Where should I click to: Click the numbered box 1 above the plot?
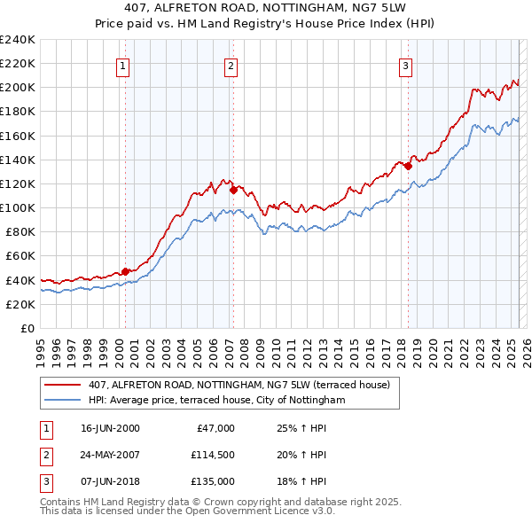pos(122,65)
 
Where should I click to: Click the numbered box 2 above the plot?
pos(231,65)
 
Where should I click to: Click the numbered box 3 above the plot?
pos(405,65)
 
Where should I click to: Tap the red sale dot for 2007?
pos(233,190)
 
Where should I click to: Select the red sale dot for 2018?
pos(409,166)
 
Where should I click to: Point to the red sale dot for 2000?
pos(125,271)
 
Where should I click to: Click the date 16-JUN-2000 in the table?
pos(110,428)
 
